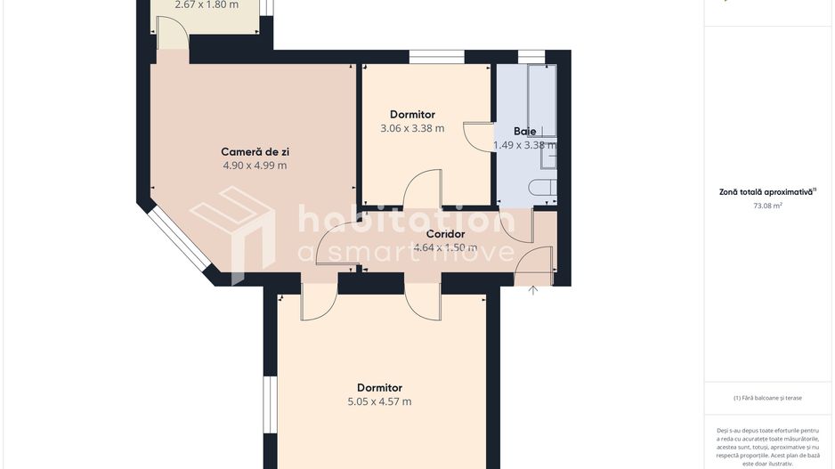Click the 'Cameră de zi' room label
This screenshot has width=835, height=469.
tap(255, 151)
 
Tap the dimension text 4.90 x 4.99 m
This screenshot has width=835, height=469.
tap(255, 166)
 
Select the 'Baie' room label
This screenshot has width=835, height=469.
tap(524, 131)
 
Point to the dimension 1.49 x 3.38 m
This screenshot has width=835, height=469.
tap(524, 145)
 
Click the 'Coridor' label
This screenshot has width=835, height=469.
tap(445, 234)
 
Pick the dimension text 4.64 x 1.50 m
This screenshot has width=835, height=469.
tap(445, 248)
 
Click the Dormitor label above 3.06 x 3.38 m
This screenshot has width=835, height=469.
tap(412, 114)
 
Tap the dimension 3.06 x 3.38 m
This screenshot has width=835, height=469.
tap(412, 128)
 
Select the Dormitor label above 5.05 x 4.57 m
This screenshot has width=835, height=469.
tap(379, 387)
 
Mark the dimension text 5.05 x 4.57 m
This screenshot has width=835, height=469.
tap(379, 401)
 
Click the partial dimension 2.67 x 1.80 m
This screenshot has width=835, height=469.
tap(207, 4)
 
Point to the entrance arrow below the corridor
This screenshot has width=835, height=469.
tap(532, 290)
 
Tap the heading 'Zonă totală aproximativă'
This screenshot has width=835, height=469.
tap(767, 191)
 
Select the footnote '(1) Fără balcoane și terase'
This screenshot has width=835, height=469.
tap(767, 398)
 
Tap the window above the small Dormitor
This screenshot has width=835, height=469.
tap(436, 59)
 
